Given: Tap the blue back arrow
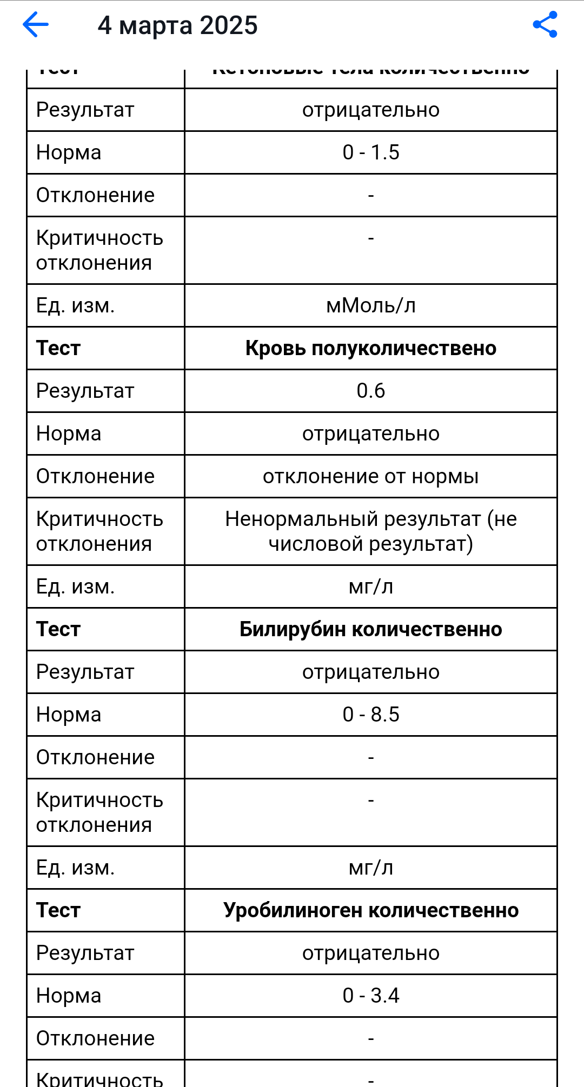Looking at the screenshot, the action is pyautogui.click(x=36, y=25).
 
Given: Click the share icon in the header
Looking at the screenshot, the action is pyautogui.click(x=545, y=25).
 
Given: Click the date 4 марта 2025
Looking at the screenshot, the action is pyautogui.click(x=177, y=25).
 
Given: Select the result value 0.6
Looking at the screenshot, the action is pyautogui.click(x=371, y=391).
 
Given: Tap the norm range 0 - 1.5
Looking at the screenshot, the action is pyautogui.click(x=371, y=152).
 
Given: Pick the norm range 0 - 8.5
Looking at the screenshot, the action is pyautogui.click(x=371, y=715).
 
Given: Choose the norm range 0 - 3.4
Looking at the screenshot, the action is pyautogui.click(x=371, y=996).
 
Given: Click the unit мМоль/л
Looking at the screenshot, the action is pyautogui.click(x=371, y=305).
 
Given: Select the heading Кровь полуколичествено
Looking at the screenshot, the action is pyautogui.click(x=371, y=348).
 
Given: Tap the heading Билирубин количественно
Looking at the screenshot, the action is pyautogui.click(x=371, y=629).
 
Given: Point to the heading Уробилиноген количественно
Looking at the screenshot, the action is pyautogui.click(x=371, y=910).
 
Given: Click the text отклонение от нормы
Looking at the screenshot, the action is pyautogui.click(x=371, y=476).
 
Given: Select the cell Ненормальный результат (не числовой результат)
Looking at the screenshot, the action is pyautogui.click(x=371, y=531).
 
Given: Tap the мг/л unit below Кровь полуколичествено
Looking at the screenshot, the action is pyautogui.click(x=371, y=586).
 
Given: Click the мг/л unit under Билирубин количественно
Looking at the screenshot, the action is pyautogui.click(x=371, y=868).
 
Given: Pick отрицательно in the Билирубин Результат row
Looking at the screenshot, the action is pyautogui.click(x=371, y=672).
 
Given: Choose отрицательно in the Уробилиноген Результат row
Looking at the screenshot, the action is pyautogui.click(x=371, y=953).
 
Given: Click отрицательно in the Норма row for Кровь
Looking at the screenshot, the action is pyautogui.click(x=371, y=434).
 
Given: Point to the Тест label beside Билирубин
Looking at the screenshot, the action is pyautogui.click(x=58, y=629).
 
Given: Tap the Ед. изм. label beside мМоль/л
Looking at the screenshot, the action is pyautogui.click(x=76, y=305).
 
